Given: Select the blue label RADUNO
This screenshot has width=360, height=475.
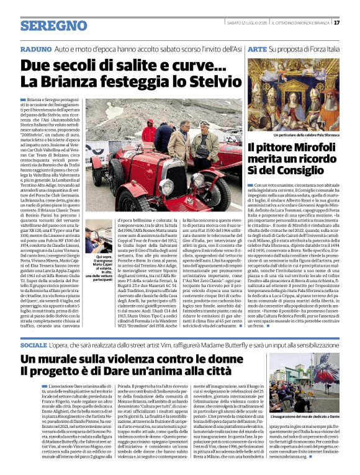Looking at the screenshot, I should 35,48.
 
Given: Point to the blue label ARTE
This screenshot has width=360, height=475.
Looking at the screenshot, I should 256,48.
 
